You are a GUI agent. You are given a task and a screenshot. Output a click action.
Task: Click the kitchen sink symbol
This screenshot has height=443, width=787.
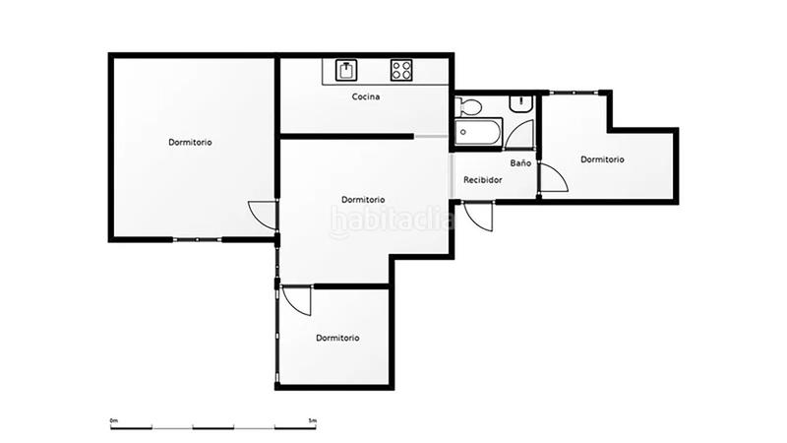click(347, 70)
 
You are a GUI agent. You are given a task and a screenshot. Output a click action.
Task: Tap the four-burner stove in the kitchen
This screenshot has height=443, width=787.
click(401, 70)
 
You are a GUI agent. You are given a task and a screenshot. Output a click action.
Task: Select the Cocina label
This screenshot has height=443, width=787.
click(367, 96)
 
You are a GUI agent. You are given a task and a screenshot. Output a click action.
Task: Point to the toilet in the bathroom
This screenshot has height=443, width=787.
click(468, 106)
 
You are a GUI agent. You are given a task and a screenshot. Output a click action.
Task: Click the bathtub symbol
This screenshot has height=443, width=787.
click(479, 131)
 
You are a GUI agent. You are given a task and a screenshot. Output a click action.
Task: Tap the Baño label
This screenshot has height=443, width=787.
click(520, 162)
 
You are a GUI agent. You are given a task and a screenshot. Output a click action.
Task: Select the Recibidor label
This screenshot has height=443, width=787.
click(483, 180)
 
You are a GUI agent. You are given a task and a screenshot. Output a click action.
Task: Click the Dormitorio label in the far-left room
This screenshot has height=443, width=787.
click(190, 142)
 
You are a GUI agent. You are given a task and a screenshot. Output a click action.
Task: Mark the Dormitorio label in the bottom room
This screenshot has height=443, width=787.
click(337, 338)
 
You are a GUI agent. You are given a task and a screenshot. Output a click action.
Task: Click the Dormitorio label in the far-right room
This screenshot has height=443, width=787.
click(601, 158)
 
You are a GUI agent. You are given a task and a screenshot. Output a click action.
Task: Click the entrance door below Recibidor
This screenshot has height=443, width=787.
click(480, 216)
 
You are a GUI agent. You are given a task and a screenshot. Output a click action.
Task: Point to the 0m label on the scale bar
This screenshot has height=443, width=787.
click(113, 420)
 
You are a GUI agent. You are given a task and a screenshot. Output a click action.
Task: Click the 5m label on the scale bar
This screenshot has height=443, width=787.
click(313, 420)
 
